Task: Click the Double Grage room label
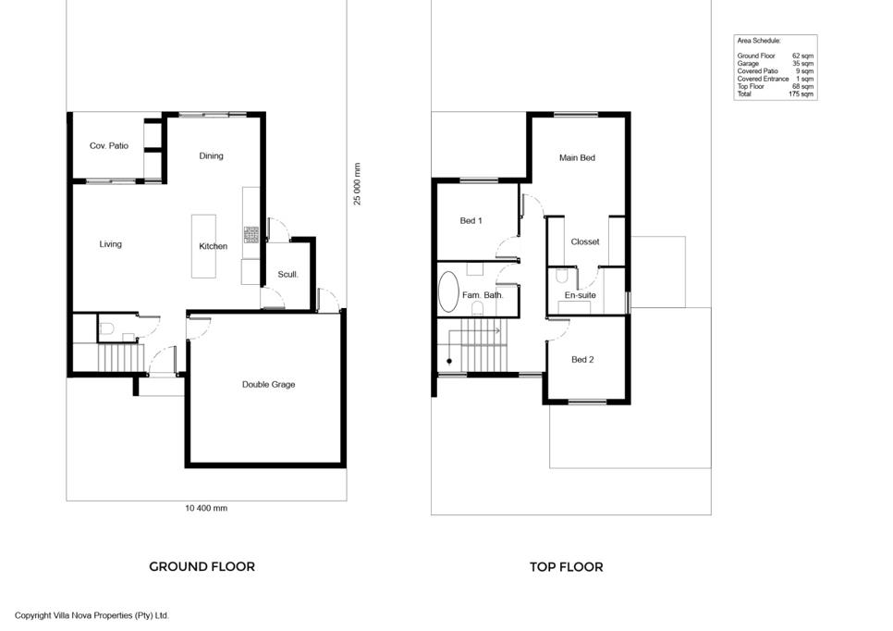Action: coord(268,385)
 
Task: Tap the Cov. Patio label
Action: coord(109,146)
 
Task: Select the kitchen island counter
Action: coord(203,246)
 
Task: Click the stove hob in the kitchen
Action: coord(251,234)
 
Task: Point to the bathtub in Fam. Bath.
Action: coord(448,291)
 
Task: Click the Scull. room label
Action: coord(287,274)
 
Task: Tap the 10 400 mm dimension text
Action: coord(206,508)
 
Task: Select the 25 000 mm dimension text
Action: coord(357,183)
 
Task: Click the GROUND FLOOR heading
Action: coord(202,566)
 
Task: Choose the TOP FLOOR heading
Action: coord(566,567)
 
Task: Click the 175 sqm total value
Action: coord(801,94)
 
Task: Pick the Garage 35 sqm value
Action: coord(803,64)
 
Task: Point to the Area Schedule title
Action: coord(759,41)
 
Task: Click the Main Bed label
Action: coord(577,158)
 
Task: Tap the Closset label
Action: coord(585,241)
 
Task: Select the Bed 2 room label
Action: coord(582,360)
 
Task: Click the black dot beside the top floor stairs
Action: coord(449,361)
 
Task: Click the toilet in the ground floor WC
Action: coord(106,328)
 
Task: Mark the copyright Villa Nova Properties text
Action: coord(92,615)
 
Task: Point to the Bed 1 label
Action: coord(471,220)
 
